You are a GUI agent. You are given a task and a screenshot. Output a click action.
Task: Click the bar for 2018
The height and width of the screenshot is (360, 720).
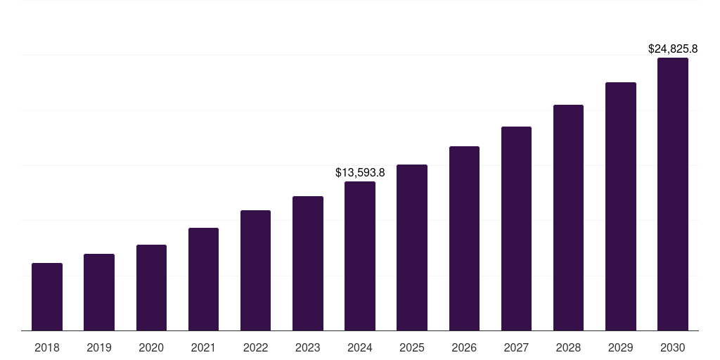tap(47, 297)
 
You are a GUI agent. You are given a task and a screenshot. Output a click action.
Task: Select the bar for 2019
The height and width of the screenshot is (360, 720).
tap(99, 292)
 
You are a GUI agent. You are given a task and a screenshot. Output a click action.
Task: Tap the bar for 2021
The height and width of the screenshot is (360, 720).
tap(203, 279)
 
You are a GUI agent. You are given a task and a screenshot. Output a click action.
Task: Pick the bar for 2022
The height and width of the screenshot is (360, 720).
tap(255, 270)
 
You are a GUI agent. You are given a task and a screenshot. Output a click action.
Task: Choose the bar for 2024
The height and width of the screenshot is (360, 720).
tap(360, 256)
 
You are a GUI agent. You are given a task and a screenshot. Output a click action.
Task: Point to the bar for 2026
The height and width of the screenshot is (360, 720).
tap(464, 238)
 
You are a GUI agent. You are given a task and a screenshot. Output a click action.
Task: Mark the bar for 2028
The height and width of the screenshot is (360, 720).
tap(568, 217)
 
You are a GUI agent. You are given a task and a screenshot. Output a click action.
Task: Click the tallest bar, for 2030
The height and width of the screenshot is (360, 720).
tap(673, 194)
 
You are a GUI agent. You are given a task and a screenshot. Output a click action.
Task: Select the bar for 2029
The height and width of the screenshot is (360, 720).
tap(621, 206)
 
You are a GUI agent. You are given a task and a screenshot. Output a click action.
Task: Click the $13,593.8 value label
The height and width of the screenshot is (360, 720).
tap(360, 172)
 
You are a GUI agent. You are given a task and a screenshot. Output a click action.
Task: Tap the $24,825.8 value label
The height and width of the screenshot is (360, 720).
tap(673, 49)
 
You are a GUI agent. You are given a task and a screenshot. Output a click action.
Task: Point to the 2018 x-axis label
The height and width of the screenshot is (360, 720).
tap(47, 347)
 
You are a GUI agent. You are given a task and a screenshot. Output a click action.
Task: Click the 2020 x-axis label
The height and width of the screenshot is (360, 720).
tap(151, 347)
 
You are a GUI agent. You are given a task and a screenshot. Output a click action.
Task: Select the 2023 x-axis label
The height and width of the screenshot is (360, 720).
tap(308, 347)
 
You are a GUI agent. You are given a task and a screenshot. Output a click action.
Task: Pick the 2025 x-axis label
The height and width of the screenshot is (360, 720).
tap(412, 347)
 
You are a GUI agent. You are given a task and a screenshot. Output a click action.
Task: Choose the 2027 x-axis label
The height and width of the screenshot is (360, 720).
tap(516, 347)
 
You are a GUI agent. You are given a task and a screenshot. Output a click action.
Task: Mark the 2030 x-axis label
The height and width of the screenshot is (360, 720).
tap(673, 347)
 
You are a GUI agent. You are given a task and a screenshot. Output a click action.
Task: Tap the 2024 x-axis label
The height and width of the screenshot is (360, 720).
tap(360, 347)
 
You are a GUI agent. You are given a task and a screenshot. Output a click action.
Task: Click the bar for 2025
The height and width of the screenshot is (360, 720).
tap(412, 247)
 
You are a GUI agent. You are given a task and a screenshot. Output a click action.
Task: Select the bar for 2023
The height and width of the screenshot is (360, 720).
tap(308, 263)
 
